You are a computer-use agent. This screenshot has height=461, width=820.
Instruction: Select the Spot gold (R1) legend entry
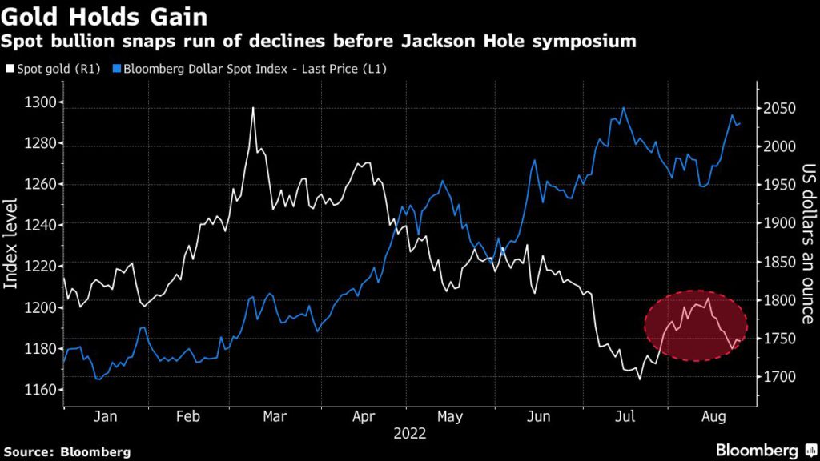51,69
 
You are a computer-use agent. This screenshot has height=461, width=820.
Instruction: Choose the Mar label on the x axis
275,417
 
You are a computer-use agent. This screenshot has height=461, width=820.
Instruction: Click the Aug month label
713,417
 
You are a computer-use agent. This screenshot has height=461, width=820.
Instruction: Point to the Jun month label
539,417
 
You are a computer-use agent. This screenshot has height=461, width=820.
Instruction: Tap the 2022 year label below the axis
410,434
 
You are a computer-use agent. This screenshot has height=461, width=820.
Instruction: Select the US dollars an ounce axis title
807,244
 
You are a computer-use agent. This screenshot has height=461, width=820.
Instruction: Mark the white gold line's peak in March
253,108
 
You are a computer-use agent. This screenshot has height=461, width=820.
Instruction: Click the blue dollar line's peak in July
623,108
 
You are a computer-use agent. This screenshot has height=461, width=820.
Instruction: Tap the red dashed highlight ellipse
695,325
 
